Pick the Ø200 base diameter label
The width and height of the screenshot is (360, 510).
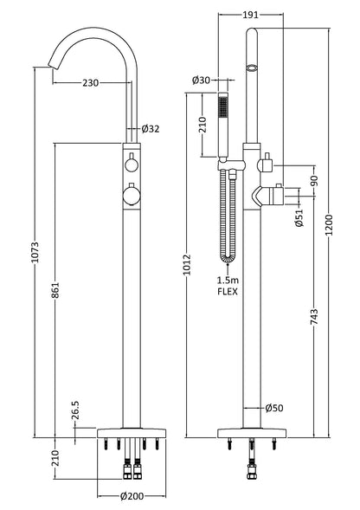click(131, 497)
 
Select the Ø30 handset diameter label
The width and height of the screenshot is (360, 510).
click(202, 80)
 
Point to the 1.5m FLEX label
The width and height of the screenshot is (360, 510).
click(228, 286)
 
